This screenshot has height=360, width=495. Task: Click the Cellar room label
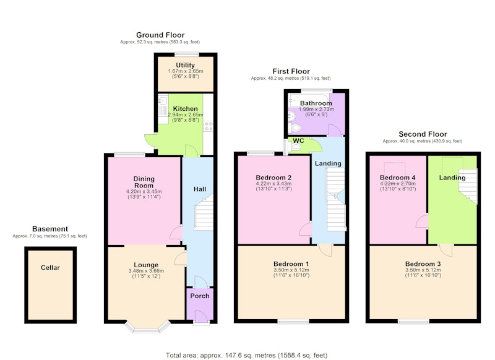(50, 268)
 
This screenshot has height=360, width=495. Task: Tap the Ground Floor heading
(160, 35)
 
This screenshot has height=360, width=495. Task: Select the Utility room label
(185, 66)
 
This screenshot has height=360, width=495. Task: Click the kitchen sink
(163, 101)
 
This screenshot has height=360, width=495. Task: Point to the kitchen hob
(209, 126)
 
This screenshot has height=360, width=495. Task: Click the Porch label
(199, 296)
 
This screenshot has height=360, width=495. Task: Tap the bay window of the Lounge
(147, 327)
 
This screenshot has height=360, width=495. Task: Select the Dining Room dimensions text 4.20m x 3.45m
(144, 192)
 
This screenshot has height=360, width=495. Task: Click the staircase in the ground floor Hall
(204, 212)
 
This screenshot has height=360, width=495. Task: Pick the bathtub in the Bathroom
(309, 100)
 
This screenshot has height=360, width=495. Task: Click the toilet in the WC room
(296, 147)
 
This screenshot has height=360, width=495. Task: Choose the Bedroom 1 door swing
(325, 250)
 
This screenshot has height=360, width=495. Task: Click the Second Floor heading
(423, 134)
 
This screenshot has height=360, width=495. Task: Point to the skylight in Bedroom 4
(395, 170)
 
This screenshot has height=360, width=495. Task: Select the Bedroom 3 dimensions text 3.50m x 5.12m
(423, 270)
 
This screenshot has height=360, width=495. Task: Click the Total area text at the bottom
(246, 356)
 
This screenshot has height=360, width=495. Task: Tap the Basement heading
(50, 229)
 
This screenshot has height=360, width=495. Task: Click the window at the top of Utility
(187, 54)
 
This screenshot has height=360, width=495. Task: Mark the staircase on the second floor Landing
(468, 186)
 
